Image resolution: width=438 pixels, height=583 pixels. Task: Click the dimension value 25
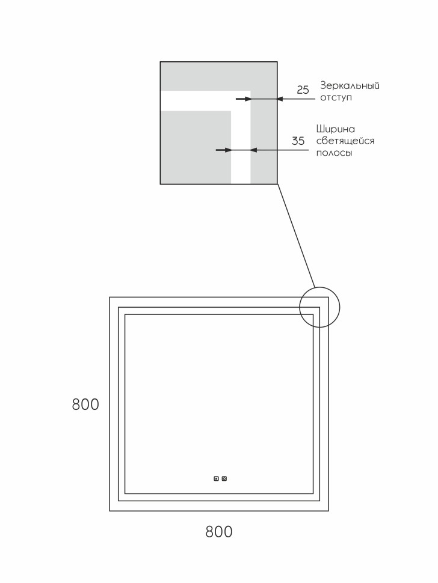pyautogui.click(x=303, y=90)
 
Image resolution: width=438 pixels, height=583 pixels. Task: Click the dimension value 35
pyautogui.click(x=298, y=141)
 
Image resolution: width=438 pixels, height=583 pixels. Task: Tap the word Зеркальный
pyautogui.click(x=350, y=85)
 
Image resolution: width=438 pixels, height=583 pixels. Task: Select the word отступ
pyautogui.click(x=336, y=97)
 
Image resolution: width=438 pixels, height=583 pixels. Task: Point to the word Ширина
pyautogui.click(x=335, y=129)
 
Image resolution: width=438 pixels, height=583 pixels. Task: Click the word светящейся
pyautogui.click(x=345, y=141)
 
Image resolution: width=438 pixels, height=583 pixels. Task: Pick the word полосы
pyautogui.click(x=334, y=153)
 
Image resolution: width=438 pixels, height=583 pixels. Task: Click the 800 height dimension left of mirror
pyautogui.click(x=85, y=404)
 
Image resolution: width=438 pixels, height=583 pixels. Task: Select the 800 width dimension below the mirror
pyautogui.click(x=218, y=532)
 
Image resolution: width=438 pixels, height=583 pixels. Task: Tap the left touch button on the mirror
pyautogui.click(x=216, y=478)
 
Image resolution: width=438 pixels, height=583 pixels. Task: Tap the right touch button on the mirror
pyautogui.click(x=224, y=478)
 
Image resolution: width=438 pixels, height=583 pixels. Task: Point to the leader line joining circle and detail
pyautogui.click(x=296, y=235)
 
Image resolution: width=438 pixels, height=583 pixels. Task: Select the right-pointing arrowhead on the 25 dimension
pyautogui.click(x=247, y=99)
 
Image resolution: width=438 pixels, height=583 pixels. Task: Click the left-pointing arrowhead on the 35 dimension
pyautogui.click(x=254, y=150)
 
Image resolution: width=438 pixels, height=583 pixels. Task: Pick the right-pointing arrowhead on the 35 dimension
pyautogui.click(x=227, y=150)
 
